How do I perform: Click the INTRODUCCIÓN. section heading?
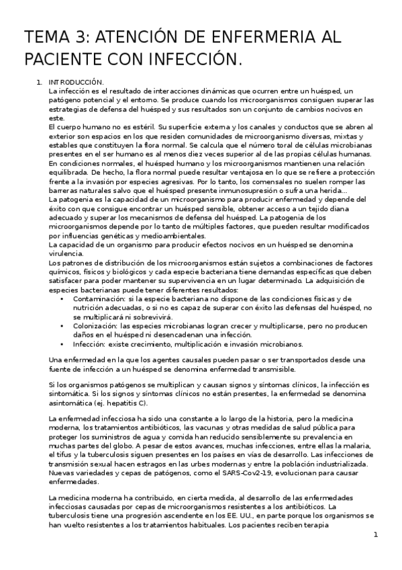coord(76,82)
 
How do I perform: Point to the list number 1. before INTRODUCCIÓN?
coord(39,82)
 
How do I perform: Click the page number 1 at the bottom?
coord(376,534)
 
